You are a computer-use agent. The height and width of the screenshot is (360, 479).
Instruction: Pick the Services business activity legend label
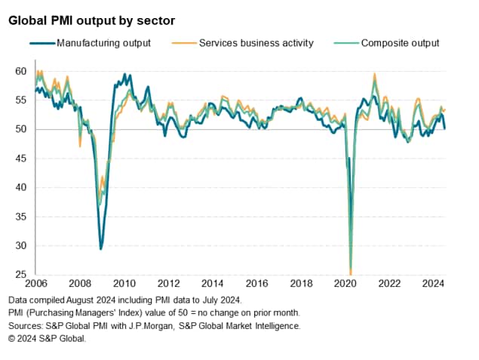point(256,43)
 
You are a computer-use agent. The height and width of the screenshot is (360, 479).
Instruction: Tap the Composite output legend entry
point(400,43)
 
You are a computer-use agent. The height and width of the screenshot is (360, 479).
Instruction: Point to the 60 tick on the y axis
point(20,72)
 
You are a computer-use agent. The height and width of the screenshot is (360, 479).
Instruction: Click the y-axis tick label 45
point(20,158)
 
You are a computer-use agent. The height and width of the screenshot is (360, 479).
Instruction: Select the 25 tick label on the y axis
point(20,275)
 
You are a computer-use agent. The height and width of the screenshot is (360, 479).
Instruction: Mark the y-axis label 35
point(20,217)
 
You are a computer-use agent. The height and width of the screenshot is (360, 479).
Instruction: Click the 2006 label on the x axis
point(36,285)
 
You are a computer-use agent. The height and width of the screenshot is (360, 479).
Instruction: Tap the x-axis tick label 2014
point(213,285)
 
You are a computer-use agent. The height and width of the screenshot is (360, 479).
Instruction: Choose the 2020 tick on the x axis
point(345,285)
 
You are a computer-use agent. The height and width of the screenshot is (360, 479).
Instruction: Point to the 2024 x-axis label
point(433,285)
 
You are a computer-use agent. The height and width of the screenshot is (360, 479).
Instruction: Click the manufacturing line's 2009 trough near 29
point(101,248)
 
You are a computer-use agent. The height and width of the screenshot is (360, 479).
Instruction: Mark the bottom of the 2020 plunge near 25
point(351,272)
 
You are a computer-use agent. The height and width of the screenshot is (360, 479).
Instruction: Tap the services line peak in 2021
point(374,74)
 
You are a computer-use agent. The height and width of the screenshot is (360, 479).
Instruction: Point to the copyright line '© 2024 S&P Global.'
point(48,338)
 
